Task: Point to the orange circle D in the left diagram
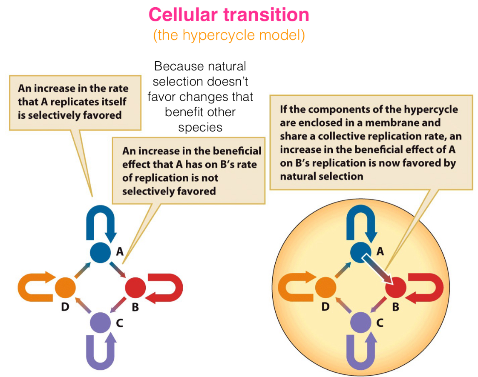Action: pyautogui.click(x=65, y=288)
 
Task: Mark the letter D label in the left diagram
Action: pyautogui.click(x=65, y=306)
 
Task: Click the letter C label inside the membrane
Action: pyautogui.click(x=380, y=323)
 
